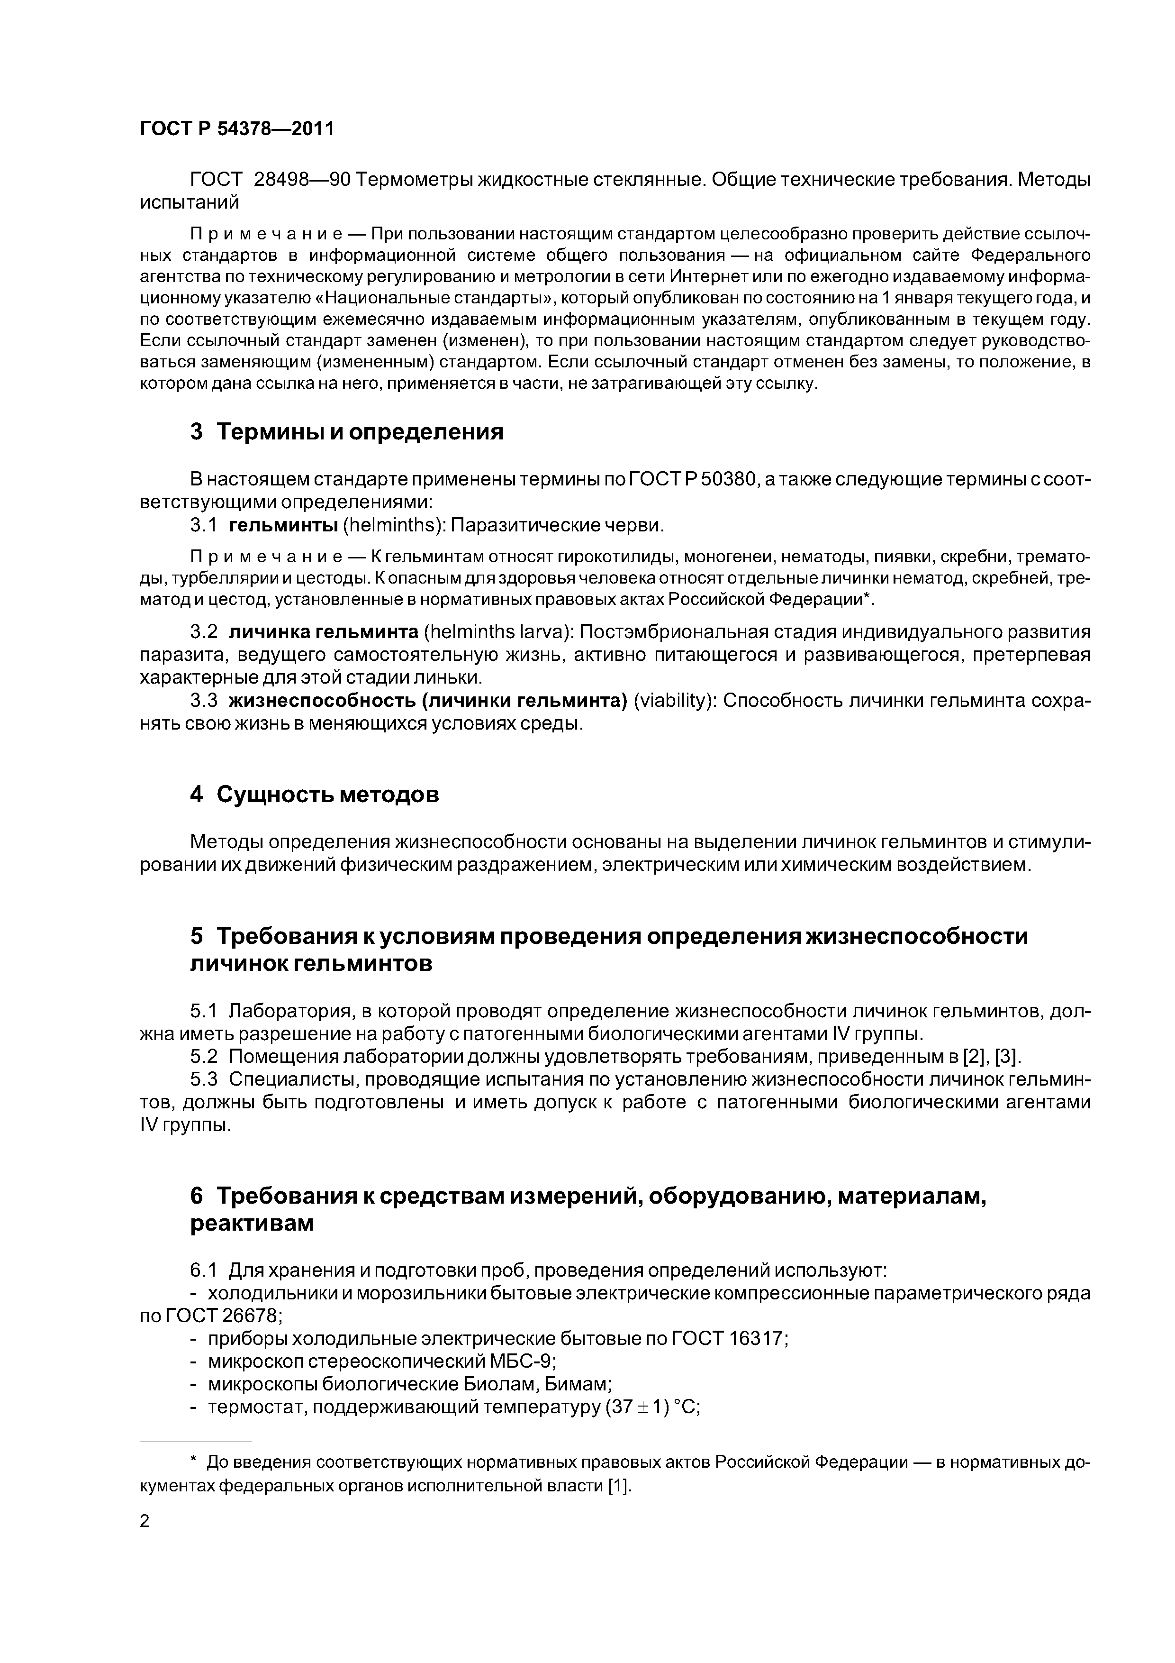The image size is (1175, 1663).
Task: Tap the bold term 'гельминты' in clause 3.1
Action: [283, 524]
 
